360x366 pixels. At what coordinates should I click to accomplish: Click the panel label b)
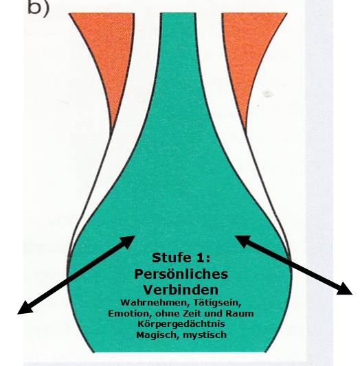pos(38,8)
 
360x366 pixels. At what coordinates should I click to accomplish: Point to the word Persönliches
pos(181,274)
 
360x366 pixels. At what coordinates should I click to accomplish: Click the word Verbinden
pos(181,290)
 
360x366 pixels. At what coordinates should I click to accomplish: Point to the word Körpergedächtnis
pos(181,324)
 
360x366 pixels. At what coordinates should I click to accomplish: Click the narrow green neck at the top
pos(178,47)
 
